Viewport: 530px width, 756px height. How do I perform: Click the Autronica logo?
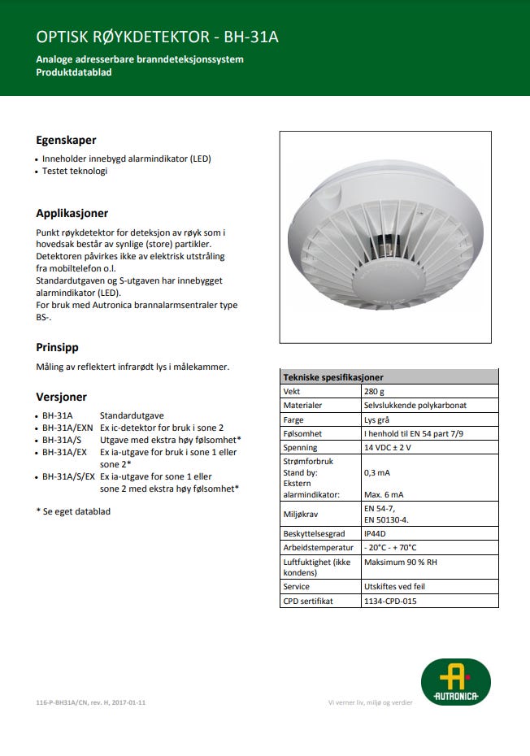pos(455,681)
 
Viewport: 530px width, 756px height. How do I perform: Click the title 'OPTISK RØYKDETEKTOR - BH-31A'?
pos(163,37)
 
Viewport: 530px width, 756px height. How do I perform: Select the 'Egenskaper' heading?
pos(66,140)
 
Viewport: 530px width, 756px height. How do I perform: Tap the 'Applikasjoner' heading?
pos(72,213)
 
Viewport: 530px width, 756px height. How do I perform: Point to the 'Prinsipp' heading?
pos(57,347)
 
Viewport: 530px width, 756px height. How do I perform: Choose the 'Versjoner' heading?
pos(61,398)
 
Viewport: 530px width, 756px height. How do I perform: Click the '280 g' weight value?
pos(375,391)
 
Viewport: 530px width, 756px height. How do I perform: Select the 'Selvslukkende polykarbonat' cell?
pos(415,405)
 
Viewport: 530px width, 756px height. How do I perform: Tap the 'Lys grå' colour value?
pos(379,419)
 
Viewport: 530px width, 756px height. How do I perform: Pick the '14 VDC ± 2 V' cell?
pos(389,447)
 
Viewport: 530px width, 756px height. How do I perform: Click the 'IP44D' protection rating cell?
pos(376,533)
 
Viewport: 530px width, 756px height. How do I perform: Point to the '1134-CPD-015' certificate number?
pos(391,601)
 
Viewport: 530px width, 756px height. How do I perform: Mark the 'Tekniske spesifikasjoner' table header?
pos(332,377)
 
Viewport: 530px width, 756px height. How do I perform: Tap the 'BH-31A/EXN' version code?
pos(67,428)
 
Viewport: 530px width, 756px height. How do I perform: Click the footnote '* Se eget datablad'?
pos(73,511)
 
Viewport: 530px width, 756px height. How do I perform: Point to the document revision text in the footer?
pos(91,702)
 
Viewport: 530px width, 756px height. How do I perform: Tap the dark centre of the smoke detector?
pos(386,243)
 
